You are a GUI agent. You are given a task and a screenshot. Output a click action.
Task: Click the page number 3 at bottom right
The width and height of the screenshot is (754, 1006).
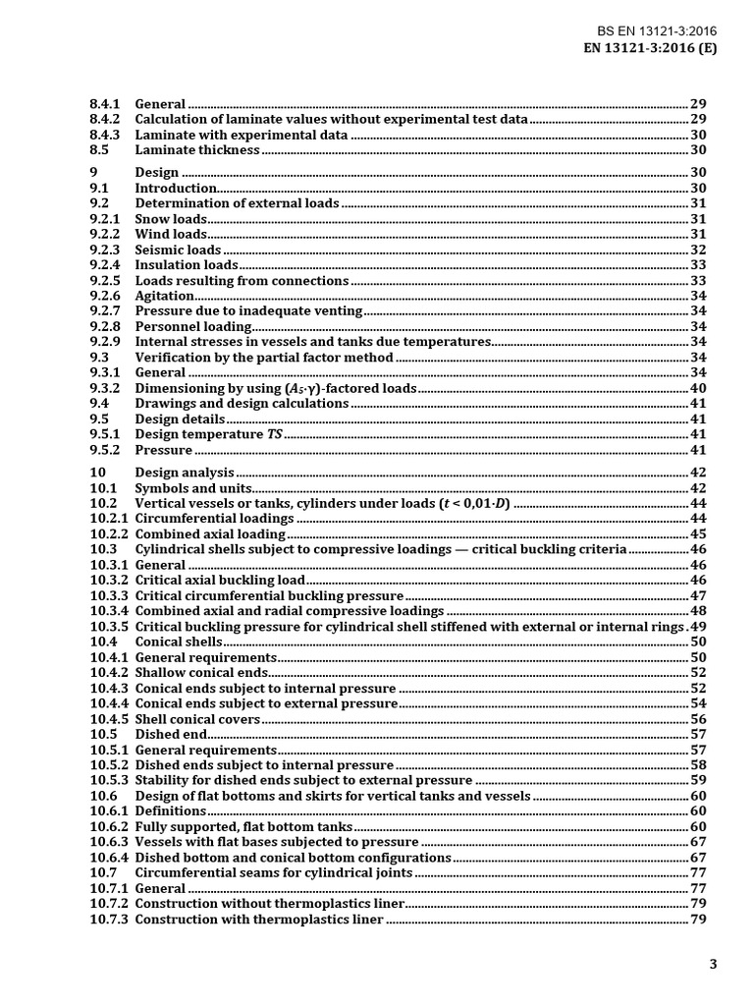[x=714, y=964]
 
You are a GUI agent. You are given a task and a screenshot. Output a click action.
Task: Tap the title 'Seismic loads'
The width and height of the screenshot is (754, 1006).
[x=178, y=250]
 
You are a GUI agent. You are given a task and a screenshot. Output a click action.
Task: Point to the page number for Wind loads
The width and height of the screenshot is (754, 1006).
[x=699, y=234]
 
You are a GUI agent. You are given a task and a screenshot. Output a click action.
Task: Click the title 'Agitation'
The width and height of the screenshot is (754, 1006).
[x=164, y=296]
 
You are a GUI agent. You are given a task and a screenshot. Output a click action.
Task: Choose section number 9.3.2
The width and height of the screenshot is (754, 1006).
[x=104, y=388]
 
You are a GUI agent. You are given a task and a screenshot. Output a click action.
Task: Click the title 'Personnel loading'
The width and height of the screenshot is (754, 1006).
[x=193, y=326]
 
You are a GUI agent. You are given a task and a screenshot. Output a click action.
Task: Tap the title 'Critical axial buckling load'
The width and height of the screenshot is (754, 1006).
[x=220, y=581]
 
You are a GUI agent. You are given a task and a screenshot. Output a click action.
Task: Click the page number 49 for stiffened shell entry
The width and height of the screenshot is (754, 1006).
[x=699, y=627]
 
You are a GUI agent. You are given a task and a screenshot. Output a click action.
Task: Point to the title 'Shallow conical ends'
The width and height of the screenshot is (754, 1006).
[x=201, y=673]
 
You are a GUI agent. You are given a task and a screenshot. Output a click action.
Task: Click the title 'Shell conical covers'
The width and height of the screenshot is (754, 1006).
[x=197, y=719]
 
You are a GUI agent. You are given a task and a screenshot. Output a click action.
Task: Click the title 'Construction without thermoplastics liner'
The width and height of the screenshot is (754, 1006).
[x=268, y=904]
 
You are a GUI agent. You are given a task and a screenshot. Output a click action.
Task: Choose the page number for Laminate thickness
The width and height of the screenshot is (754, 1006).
[x=699, y=149]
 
